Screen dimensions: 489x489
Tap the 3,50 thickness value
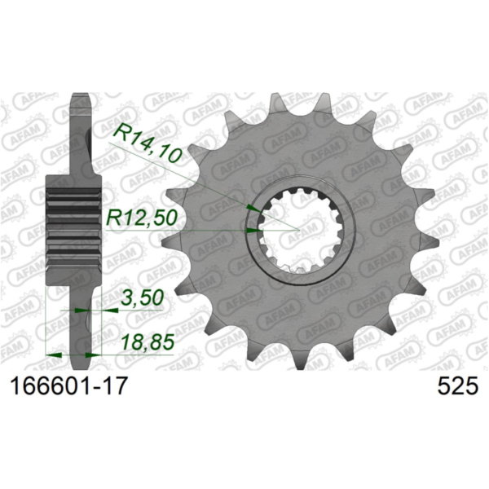[x=140, y=301]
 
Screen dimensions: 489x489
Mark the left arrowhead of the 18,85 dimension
[x=56, y=355]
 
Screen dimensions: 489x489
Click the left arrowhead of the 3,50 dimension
[x=79, y=311]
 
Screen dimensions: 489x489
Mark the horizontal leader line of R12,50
[x=204, y=231]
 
